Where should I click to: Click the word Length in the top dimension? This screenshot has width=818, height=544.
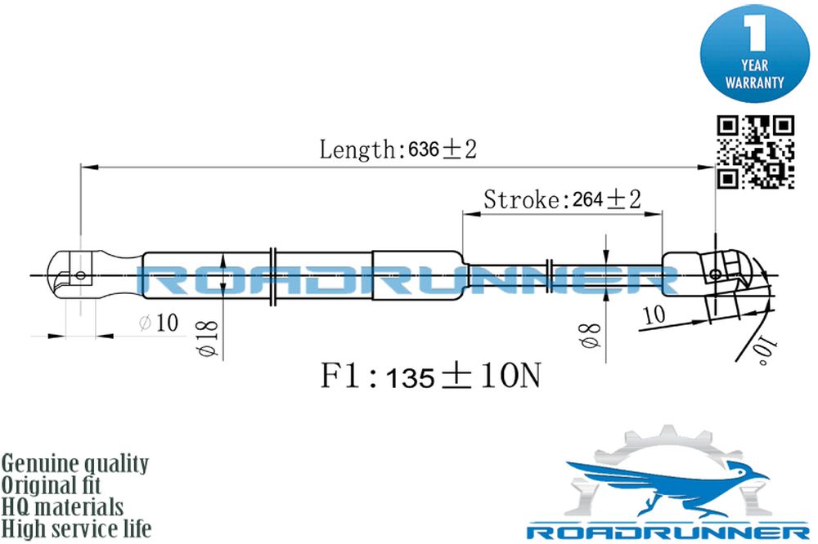[358, 149]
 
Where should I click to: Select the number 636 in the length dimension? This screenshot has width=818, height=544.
[423, 149]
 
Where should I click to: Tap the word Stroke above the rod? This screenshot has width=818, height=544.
[521, 199]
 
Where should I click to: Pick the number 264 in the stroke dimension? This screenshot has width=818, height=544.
[587, 199]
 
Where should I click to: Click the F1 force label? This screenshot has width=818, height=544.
[340, 375]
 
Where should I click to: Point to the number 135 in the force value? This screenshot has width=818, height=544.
[411, 378]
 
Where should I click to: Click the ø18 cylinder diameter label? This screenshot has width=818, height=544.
[207, 338]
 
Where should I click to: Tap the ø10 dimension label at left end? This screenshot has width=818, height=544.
[160, 323]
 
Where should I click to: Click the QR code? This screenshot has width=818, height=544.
[755, 152]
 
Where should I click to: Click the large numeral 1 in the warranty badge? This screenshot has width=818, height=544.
[754, 33]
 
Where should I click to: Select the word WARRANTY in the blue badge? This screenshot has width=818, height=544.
[754, 82]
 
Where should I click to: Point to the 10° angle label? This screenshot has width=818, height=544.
[764, 350]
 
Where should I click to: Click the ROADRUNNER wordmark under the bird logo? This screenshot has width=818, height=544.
[668, 532]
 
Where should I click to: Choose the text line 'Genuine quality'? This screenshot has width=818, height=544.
[74, 463]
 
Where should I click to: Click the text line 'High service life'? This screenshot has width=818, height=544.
[76, 528]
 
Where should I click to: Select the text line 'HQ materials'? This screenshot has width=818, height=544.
[62, 507]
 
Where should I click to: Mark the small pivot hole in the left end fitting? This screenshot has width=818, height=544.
[80, 274]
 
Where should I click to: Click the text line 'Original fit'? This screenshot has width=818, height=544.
[51, 485]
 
